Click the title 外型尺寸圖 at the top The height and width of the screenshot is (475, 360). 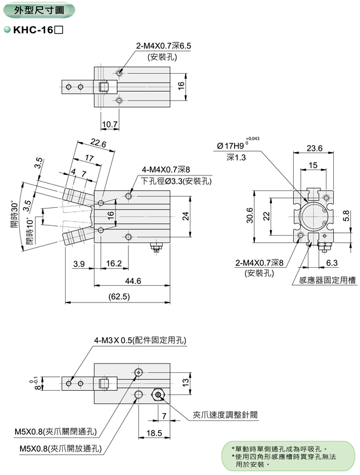39,10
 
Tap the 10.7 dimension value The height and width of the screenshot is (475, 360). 109,124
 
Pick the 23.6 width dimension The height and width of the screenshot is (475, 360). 314,148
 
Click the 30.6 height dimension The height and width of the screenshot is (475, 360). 251,215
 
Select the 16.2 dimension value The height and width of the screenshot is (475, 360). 114,264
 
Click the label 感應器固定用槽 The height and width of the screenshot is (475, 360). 327,280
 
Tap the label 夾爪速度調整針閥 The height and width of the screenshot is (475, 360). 225,415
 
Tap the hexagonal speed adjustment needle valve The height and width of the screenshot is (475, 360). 158,395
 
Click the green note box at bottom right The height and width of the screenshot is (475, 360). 287,455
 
